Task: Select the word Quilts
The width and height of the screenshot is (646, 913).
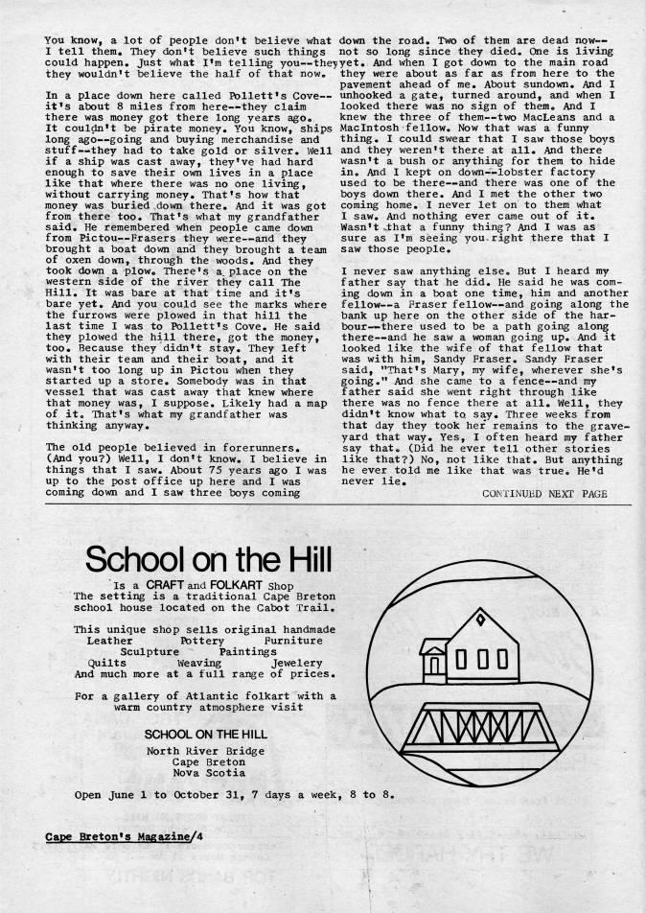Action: pyautogui.click(x=106, y=662)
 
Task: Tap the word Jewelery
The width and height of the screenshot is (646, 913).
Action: pyautogui.click(x=297, y=662)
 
